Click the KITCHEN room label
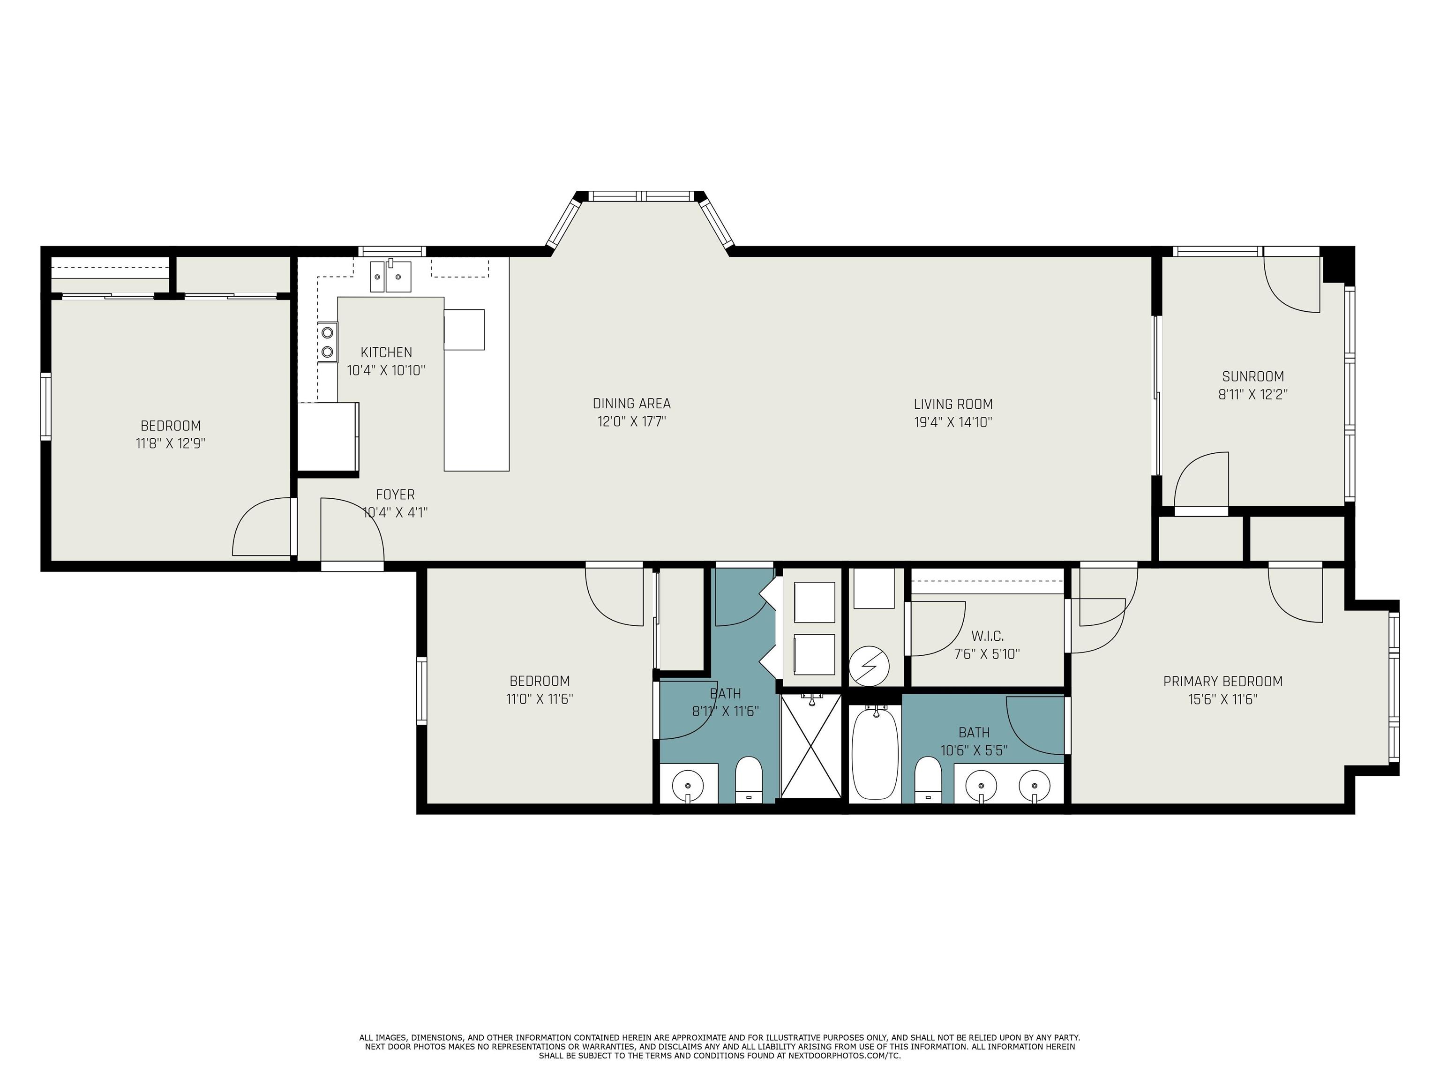pyautogui.click(x=386, y=352)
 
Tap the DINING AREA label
pyautogui.click(x=631, y=404)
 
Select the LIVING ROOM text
pyautogui.click(x=953, y=404)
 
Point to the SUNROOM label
pyautogui.click(x=1253, y=376)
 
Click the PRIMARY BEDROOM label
pyautogui.click(x=1222, y=682)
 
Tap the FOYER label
pyautogui.click(x=395, y=495)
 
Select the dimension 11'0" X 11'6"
pyautogui.click(x=540, y=699)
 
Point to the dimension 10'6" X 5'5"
pyautogui.click(x=974, y=750)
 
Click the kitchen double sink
pyautogui.click(x=391, y=277)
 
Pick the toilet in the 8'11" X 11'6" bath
pyautogui.click(x=748, y=780)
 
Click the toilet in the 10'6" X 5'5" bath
pyautogui.click(x=928, y=780)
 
